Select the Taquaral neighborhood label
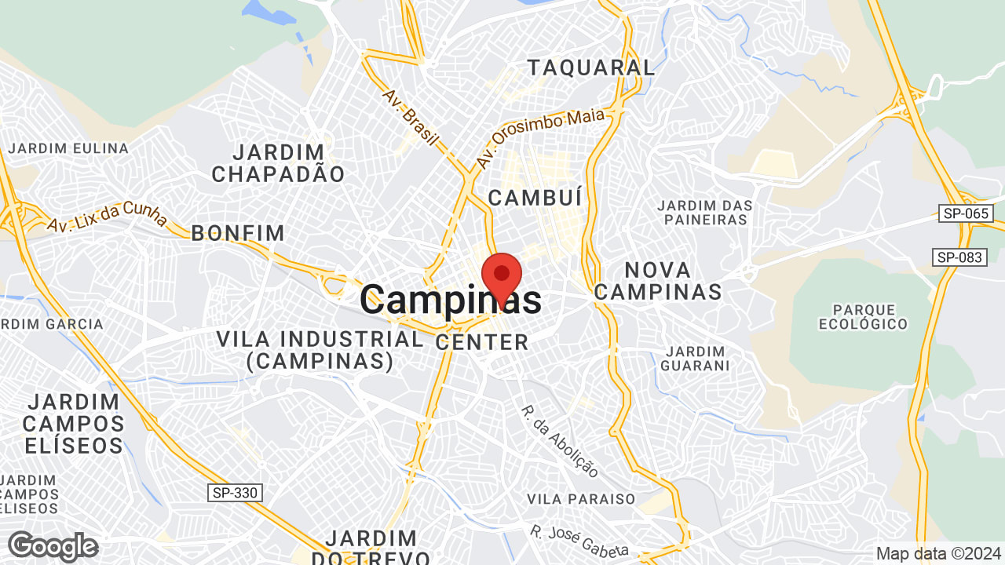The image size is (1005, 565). [590, 67]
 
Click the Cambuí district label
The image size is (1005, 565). [535, 198]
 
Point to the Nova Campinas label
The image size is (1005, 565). [658, 281]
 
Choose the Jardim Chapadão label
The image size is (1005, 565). [278, 163]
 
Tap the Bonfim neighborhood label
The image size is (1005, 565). [238, 232]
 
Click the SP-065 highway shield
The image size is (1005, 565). [966, 213]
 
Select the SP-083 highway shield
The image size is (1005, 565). [959, 257]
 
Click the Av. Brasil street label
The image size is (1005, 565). [410, 117]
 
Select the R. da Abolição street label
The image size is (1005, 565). [560, 441]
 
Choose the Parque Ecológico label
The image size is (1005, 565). [863, 316]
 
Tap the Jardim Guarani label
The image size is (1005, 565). [695, 358]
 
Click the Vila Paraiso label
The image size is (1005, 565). [581, 499]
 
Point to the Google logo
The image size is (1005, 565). [53, 546]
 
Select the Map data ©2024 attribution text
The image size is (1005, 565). [937, 553]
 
